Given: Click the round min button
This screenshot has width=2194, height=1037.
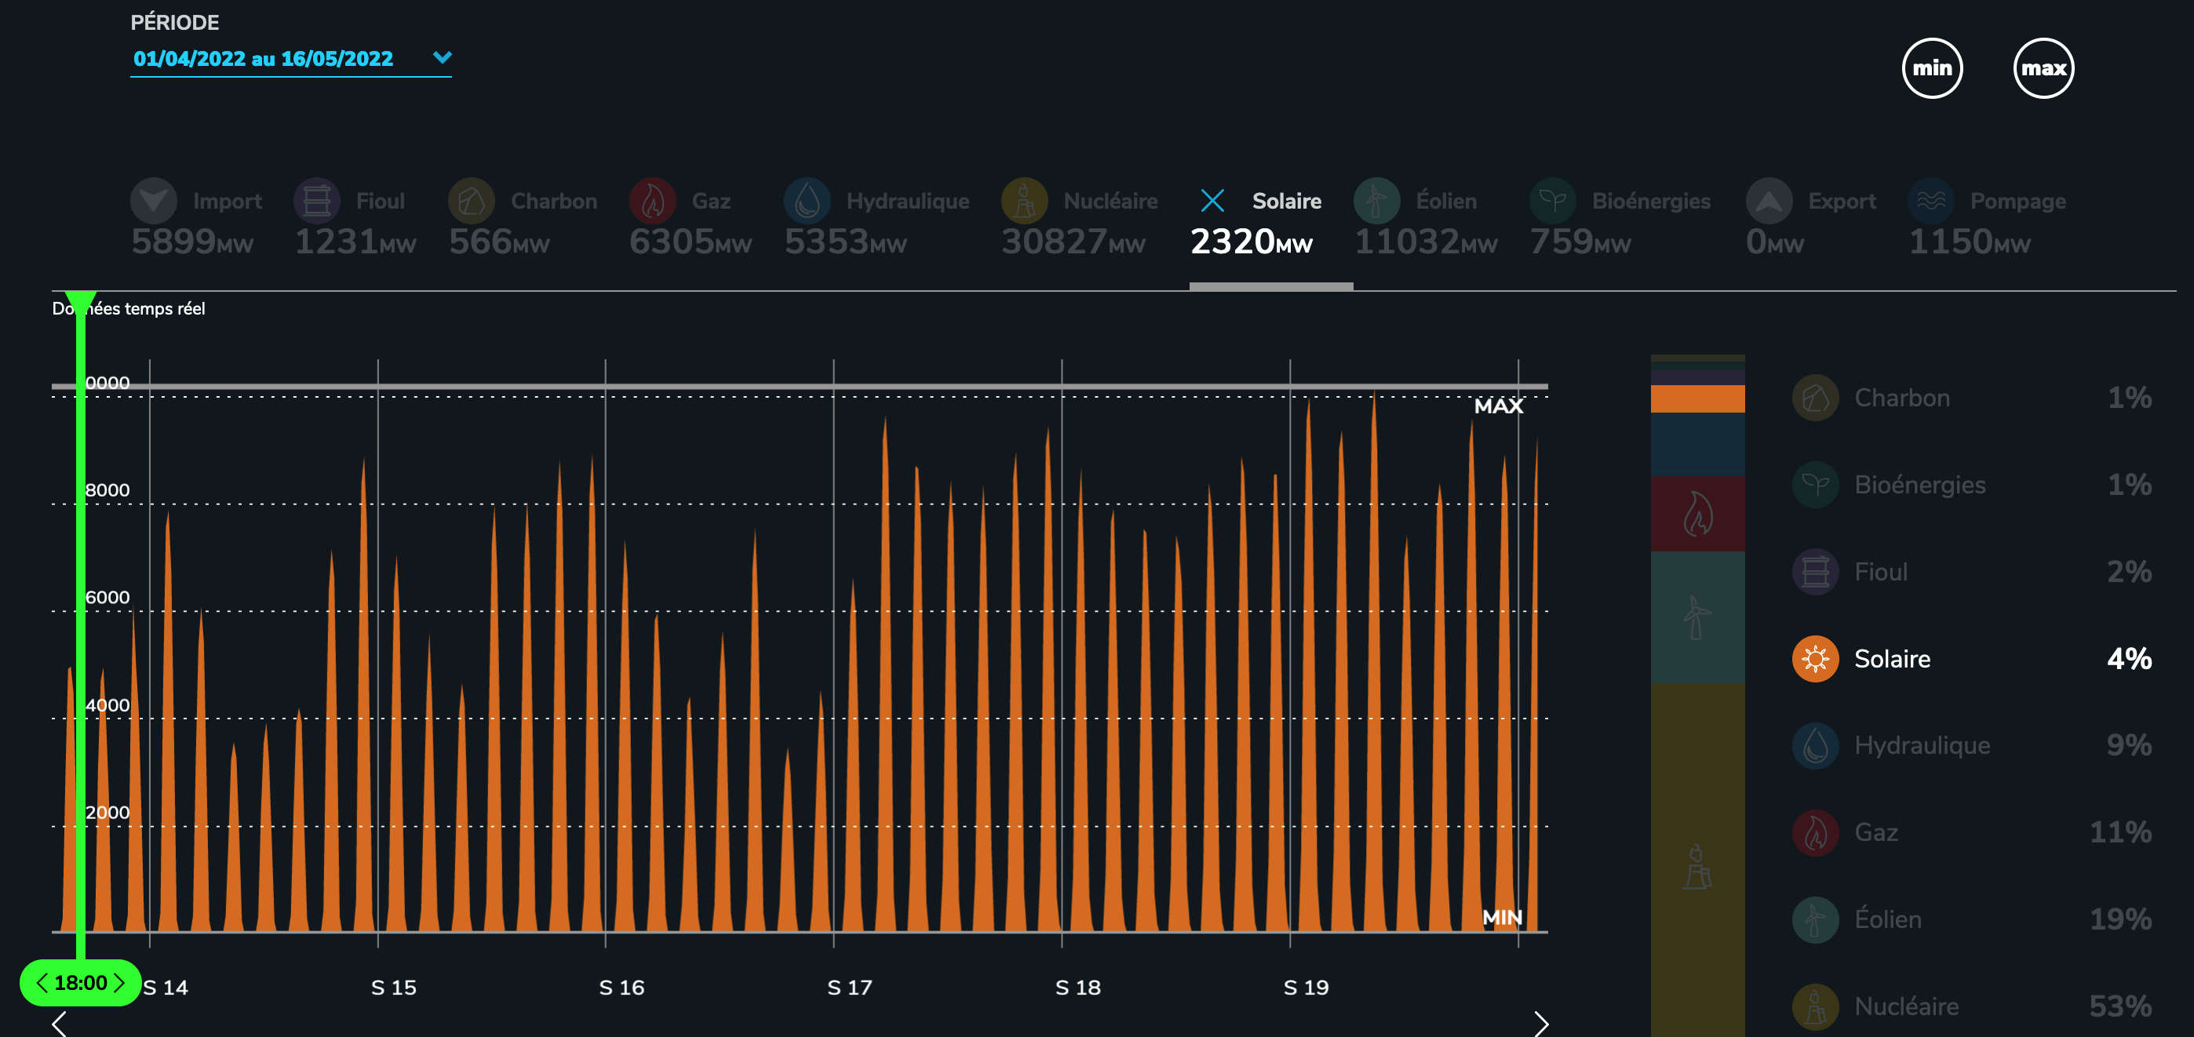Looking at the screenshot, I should pos(1932,68).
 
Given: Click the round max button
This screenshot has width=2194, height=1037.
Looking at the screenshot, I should pos(2043,68).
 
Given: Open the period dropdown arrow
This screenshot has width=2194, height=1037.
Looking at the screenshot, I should pos(442,57).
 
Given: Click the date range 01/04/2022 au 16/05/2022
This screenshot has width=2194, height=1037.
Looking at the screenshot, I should pos(263,59).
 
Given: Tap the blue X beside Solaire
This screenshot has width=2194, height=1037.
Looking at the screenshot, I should pos(1212,201).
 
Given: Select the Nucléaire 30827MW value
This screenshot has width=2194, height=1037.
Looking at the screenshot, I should pos(1073,242).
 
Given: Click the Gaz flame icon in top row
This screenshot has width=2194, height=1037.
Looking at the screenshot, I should pos(652,201).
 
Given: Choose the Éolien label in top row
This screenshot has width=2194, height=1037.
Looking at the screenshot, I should pos(1445,201).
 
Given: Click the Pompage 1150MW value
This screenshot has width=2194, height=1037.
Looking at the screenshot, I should pos(1968,242).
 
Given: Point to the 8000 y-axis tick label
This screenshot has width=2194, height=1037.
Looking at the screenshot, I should pos(108,490).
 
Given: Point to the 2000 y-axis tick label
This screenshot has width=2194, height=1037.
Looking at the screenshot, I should pos(108,812).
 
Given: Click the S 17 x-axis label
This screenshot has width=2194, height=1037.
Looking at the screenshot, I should pos(849,988).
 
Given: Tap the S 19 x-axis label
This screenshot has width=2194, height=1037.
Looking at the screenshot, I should pos(1306,988).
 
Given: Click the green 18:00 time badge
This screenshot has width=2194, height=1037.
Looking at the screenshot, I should pos(80,983).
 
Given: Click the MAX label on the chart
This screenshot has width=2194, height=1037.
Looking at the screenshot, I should pos(1498,406).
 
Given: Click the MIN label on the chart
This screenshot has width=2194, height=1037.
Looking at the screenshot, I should pos(1502,917).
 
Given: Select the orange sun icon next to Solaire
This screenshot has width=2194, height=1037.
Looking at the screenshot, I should pos(1815,659).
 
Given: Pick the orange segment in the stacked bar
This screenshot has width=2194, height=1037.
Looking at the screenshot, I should pos(1697,398).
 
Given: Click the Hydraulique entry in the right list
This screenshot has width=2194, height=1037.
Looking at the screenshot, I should pos(1922,746).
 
